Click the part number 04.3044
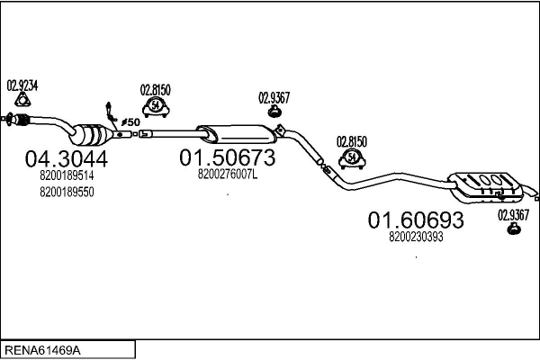point(66,158)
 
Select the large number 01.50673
point(227,158)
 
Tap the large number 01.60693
point(415,220)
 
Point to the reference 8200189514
point(67,176)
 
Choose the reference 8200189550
point(67,192)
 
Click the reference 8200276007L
point(227,175)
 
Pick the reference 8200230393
point(415,237)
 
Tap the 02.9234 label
point(22,85)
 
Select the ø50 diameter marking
point(129,121)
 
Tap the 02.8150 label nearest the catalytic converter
point(156,90)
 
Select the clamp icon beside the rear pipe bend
point(352,159)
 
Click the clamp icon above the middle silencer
point(156,108)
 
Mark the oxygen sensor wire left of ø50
point(110,111)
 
